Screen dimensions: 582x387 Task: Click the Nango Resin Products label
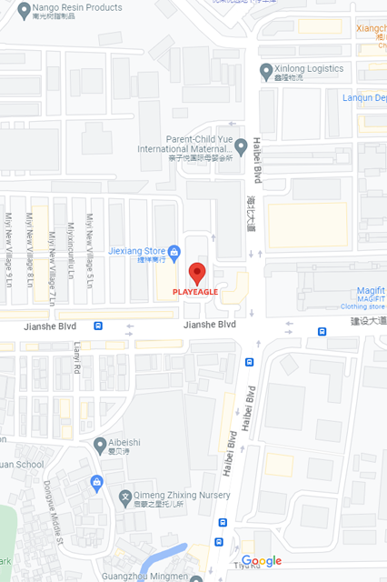76,7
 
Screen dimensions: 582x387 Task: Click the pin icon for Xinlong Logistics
266,70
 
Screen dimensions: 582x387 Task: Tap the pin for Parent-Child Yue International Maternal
241,145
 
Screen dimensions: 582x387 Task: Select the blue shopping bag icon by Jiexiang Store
174,251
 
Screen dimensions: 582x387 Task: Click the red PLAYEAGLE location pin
198,273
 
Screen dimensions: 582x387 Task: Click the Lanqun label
363,97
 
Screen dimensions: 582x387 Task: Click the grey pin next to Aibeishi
100,445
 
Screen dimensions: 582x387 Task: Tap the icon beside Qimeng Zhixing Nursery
125,497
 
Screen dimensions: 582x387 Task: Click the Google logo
262,562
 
